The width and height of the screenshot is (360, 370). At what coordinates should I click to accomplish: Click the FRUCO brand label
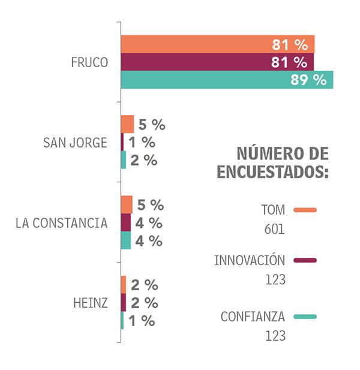coord(89,62)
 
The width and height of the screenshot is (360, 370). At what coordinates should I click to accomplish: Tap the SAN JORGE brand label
coord(75,143)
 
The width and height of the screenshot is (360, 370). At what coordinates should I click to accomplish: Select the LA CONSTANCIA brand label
coord(61,223)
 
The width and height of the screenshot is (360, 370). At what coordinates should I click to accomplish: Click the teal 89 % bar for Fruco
coord(226,80)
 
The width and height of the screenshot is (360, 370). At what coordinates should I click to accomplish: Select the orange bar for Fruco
coord(217,44)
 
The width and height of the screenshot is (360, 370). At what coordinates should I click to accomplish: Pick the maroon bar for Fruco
coord(217,62)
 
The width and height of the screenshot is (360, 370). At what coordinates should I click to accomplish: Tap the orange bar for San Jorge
coord(127,125)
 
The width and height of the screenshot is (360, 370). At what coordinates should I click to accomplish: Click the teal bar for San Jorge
coord(123,160)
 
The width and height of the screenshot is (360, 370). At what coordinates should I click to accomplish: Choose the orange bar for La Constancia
coord(127,204)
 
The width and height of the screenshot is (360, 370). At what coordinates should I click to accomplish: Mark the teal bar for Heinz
coord(122,320)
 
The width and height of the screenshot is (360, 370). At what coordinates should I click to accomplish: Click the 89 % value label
coord(308,80)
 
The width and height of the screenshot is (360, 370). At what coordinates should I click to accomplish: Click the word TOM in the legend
coord(272,210)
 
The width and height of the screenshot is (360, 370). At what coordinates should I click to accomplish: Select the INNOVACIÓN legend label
coord(249,260)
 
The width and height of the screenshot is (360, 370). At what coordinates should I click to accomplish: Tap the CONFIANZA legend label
coord(253,317)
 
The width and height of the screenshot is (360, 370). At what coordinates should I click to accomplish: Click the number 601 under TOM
coord(274,229)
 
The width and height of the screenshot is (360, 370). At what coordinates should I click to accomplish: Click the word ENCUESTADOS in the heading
coord(272,172)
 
